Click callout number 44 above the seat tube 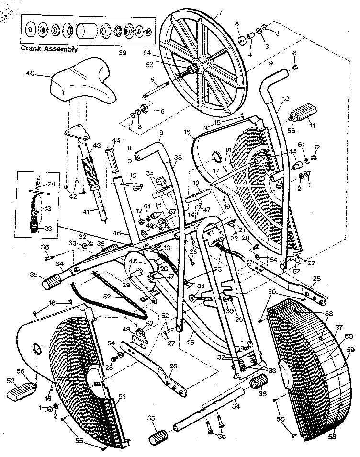tap(115, 140)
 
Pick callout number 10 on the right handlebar tap(286, 99)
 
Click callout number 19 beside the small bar tap(196, 183)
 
